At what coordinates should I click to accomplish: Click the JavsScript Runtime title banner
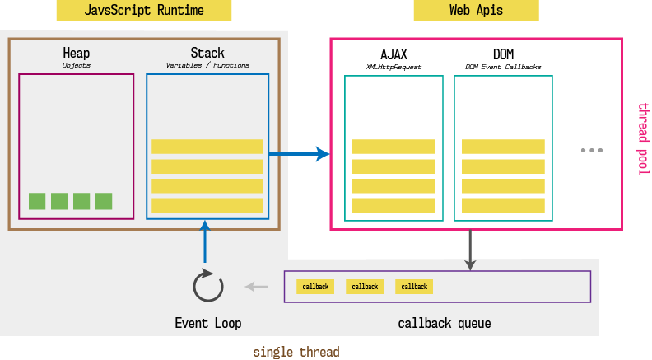click(x=144, y=11)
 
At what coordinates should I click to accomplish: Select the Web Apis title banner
click(x=477, y=11)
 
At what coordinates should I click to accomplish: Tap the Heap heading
click(x=77, y=53)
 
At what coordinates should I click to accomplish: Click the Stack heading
click(x=207, y=53)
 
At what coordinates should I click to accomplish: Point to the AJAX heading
click(x=394, y=54)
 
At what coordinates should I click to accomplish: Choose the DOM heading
click(x=503, y=54)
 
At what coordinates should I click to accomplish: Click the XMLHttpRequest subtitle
click(x=394, y=66)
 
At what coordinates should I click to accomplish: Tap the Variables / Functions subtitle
click(x=207, y=65)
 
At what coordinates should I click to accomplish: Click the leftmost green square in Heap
click(x=37, y=201)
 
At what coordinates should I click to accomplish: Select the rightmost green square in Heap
click(x=104, y=201)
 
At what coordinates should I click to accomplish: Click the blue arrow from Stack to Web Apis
click(x=298, y=153)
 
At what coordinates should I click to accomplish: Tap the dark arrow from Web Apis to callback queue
click(x=470, y=250)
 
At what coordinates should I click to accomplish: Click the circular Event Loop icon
click(x=207, y=286)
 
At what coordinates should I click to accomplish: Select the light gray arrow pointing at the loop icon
click(x=258, y=287)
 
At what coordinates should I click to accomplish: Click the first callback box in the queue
click(x=315, y=287)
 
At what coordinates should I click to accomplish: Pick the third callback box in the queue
click(x=414, y=287)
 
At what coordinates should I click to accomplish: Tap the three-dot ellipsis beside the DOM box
click(x=591, y=151)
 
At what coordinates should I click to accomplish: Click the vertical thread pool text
click(x=644, y=138)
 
